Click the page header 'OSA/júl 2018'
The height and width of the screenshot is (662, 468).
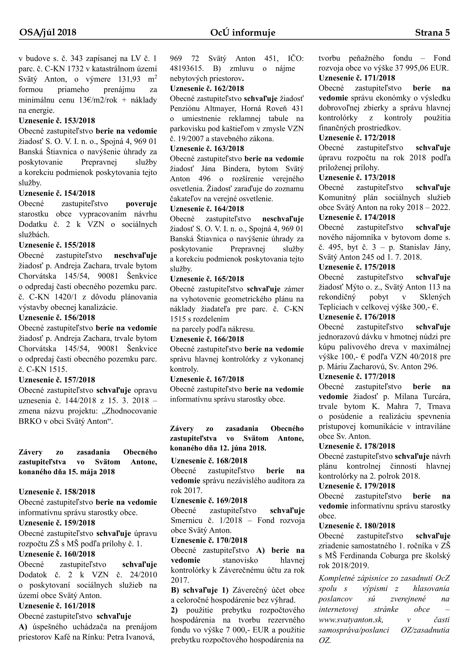point(48,33)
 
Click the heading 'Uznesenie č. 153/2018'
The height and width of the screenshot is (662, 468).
point(57,121)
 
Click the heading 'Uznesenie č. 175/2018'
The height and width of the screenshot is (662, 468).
point(357,267)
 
